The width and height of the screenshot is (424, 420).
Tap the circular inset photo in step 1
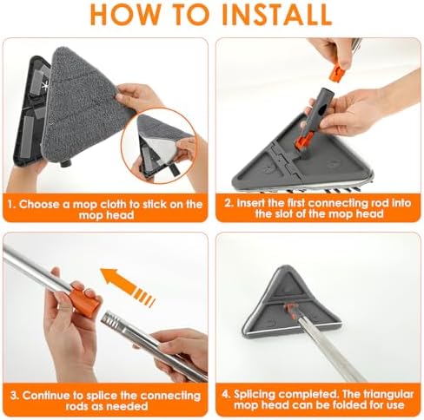159,145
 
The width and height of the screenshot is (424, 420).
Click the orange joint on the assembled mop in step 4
290,310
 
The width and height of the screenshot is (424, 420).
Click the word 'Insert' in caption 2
250,203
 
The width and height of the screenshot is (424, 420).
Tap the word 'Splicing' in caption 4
254,395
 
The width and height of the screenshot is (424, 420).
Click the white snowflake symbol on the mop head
45,86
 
